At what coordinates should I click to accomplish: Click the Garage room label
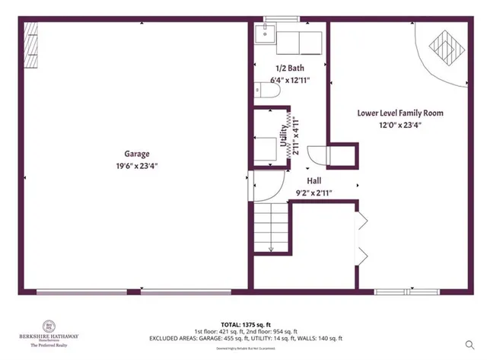(x=136, y=152)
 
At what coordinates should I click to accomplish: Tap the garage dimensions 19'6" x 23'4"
(x=136, y=165)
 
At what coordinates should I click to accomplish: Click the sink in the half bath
(x=266, y=33)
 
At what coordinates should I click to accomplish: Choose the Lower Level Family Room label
(x=400, y=113)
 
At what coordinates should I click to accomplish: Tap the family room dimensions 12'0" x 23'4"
(x=400, y=126)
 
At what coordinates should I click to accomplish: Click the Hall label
(x=314, y=181)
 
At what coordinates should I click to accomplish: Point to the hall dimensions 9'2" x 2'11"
(x=314, y=193)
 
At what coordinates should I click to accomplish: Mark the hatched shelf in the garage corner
(x=31, y=45)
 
